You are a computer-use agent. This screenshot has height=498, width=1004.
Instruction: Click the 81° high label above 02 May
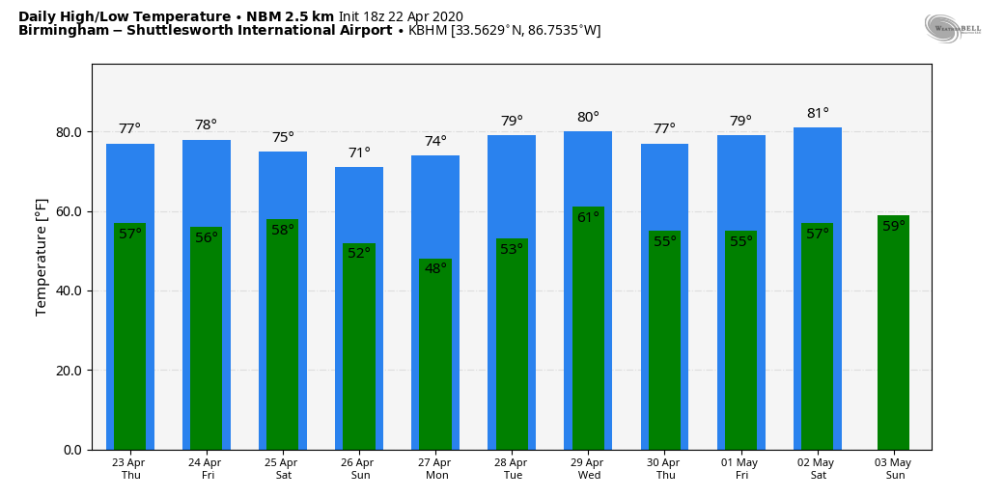click(818, 114)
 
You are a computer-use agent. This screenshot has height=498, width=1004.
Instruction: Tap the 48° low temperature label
click(435, 269)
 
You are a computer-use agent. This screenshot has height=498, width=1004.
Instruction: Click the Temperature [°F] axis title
click(42, 257)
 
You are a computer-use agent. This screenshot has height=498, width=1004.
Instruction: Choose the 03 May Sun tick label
click(895, 469)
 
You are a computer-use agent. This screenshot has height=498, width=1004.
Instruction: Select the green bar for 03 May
click(893, 338)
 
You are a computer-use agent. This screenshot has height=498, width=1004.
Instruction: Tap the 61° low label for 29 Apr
click(588, 218)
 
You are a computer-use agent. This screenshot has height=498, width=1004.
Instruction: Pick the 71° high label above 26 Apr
click(359, 153)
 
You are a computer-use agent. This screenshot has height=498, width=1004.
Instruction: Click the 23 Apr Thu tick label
click(128, 469)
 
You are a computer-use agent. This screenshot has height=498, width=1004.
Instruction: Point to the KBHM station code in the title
click(428, 31)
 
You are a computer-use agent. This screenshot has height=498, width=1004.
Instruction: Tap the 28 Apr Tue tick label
click(512, 469)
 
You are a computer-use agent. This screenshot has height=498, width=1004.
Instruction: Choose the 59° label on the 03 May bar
click(894, 227)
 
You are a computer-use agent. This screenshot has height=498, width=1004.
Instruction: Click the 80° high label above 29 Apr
click(588, 118)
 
